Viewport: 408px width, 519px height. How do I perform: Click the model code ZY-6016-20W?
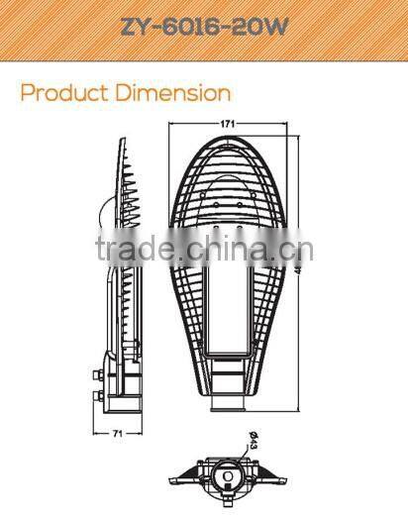point(204,27)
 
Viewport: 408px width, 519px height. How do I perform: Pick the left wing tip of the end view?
point(169,477)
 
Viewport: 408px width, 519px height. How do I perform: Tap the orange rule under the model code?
point(204,61)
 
